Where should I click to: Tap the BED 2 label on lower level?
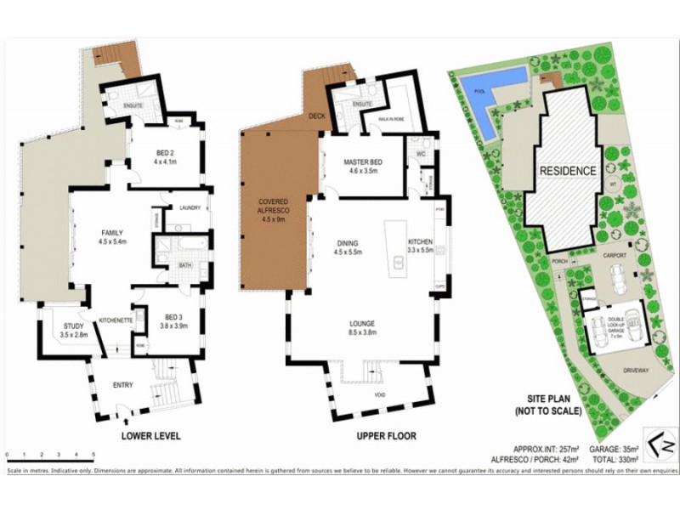click(x=164, y=154)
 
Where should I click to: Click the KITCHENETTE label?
click(x=114, y=320)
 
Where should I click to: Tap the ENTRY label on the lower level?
click(x=122, y=385)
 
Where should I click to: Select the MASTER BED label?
click(x=361, y=161)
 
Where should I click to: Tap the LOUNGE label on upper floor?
click(x=362, y=323)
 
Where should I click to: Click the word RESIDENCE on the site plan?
click(x=568, y=171)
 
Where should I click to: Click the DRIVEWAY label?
click(x=634, y=371)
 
